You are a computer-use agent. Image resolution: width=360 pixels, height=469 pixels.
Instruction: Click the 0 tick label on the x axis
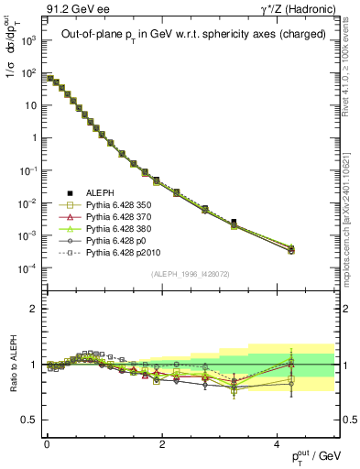[x=47, y=443]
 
